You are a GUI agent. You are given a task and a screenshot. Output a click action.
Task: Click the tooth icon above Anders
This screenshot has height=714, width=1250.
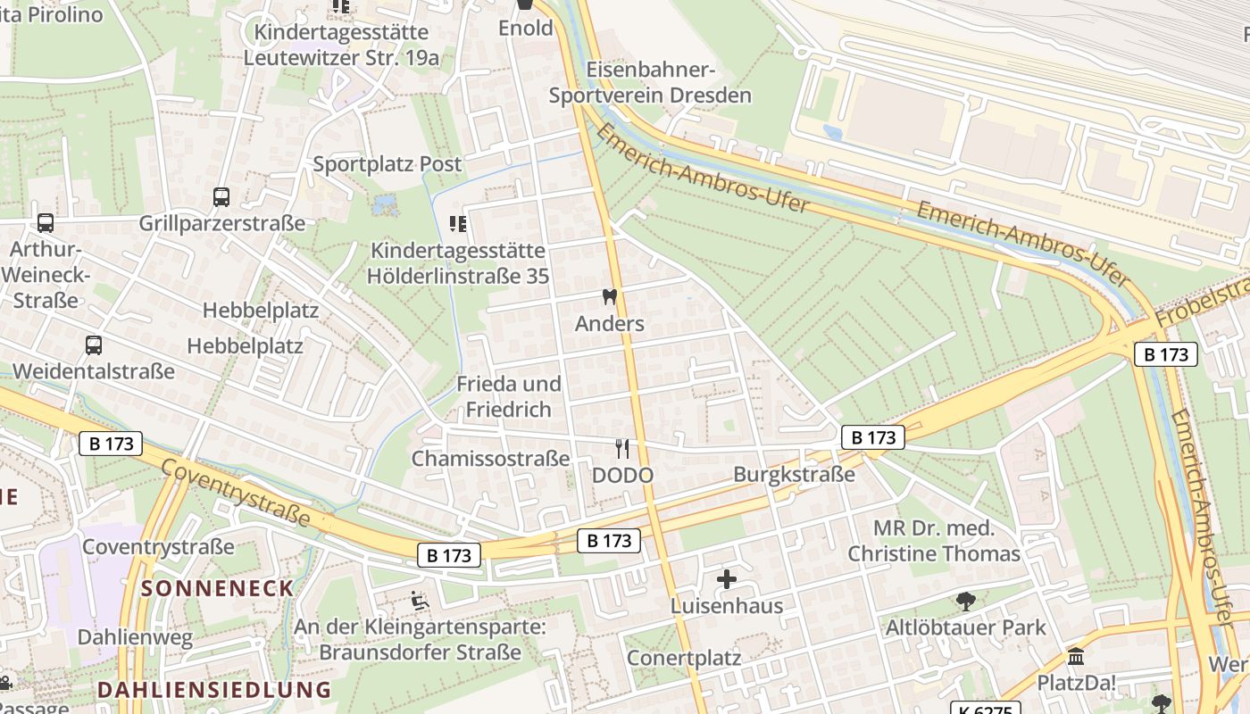(x=610, y=297)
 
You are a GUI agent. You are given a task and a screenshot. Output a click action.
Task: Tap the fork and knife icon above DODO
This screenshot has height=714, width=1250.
(x=622, y=449)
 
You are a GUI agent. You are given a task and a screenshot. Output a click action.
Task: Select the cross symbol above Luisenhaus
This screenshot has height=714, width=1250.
(x=727, y=579)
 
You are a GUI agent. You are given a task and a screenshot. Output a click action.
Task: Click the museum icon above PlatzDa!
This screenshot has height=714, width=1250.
(x=1076, y=657)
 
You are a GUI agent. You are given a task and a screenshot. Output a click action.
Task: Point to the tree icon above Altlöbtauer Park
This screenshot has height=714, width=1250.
(x=965, y=601)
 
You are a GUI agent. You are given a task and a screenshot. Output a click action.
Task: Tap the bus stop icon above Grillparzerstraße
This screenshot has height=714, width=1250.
(x=221, y=196)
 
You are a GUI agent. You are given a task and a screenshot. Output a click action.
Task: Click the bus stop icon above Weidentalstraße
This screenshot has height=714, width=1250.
(x=94, y=345)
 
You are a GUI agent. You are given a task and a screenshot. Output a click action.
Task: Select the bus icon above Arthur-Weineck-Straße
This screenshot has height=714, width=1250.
(x=46, y=223)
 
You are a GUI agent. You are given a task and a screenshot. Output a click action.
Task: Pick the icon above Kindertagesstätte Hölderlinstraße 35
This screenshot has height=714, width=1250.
(x=458, y=224)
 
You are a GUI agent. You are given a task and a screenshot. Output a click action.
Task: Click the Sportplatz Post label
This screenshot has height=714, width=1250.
(x=387, y=164)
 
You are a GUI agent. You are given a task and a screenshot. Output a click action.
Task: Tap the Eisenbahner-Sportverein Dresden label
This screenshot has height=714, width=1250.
(x=650, y=82)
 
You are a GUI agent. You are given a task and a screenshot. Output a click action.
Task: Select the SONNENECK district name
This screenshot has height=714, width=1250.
(x=218, y=588)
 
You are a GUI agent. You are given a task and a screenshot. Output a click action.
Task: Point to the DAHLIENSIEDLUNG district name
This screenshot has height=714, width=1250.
(x=214, y=690)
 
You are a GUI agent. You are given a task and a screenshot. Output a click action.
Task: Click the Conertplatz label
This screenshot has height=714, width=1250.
(x=684, y=658)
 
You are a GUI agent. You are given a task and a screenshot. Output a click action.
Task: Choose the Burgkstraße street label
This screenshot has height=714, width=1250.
(x=794, y=474)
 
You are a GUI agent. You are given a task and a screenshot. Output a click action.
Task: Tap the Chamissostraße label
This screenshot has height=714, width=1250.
(x=490, y=459)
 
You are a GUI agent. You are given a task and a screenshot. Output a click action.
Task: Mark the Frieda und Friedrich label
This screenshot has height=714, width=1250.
(x=509, y=396)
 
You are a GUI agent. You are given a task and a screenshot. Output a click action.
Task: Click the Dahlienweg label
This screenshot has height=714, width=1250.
(x=135, y=637)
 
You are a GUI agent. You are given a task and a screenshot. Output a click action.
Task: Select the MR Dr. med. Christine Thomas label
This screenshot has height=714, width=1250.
(x=933, y=541)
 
